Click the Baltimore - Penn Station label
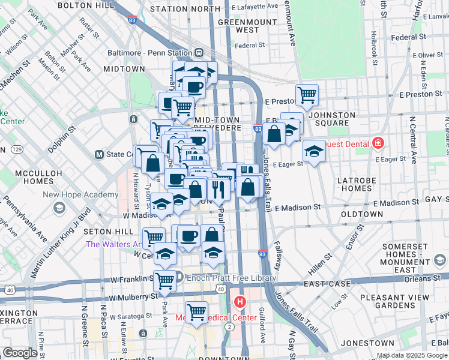(x=149, y=53)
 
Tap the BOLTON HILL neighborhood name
(x=87, y=5)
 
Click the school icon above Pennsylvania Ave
(x=59, y=208)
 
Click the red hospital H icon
(x=240, y=301)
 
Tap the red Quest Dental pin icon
(x=378, y=143)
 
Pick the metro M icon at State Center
(x=99, y=154)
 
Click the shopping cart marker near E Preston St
(x=307, y=94)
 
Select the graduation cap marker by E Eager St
(x=313, y=150)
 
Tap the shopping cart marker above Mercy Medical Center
(x=196, y=311)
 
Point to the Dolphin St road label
(x=62, y=136)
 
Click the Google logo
(x=20, y=353)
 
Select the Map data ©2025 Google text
(x=411, y=356)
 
